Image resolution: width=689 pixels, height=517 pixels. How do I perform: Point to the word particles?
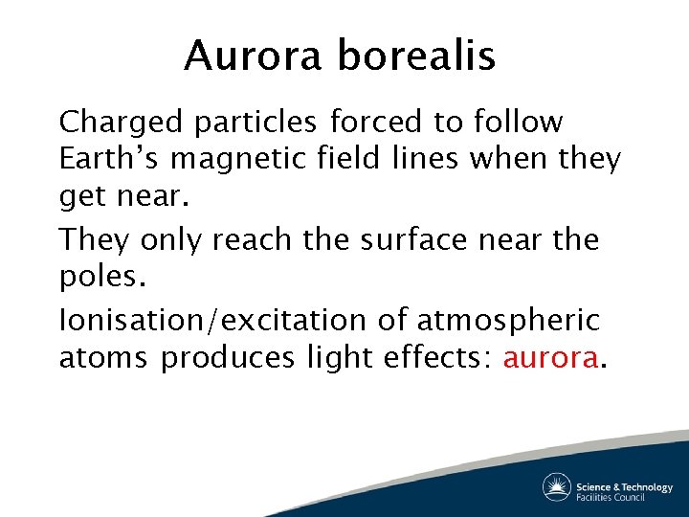point(255,123)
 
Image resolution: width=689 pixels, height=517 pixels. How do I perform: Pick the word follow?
point(518,123)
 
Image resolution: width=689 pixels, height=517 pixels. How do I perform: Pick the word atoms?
point(104,358)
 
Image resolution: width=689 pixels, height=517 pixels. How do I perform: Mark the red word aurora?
point(551,358)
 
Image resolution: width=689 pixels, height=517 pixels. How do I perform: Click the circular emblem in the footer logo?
point(556,487)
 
